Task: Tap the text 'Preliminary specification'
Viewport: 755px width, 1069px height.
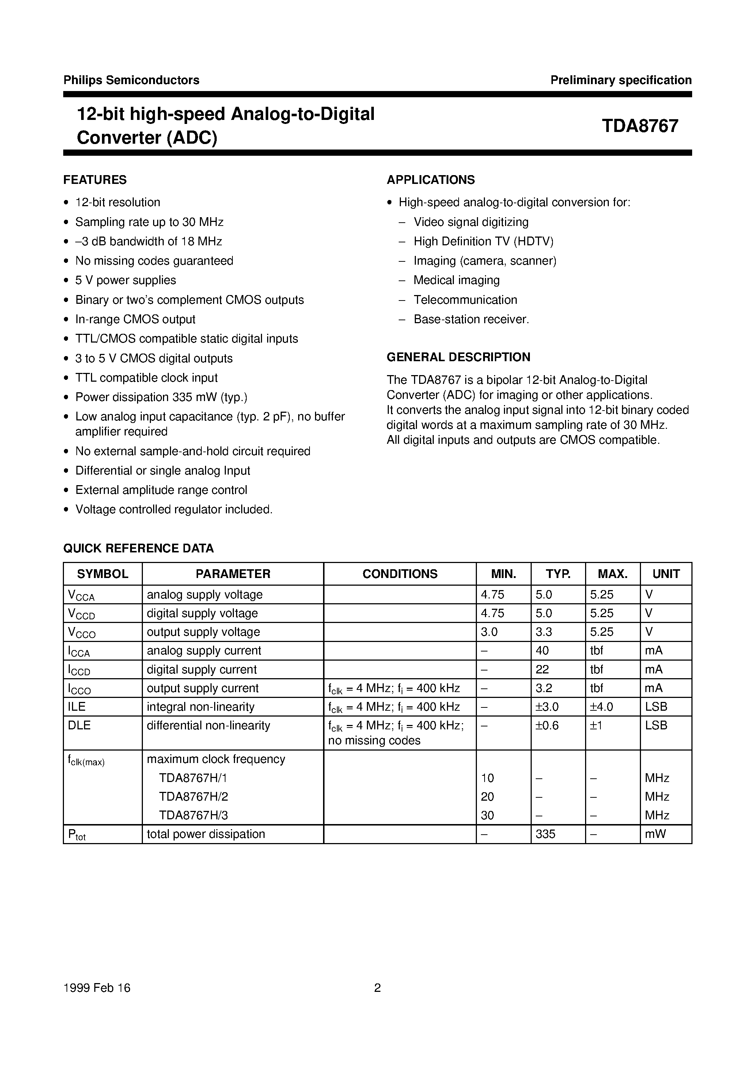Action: point(621,80)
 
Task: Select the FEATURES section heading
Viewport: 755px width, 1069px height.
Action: point(95,180)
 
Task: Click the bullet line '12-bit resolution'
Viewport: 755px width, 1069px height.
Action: point(117,202)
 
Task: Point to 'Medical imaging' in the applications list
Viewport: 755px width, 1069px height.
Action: point(456,280)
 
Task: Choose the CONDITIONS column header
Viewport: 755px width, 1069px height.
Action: point(399,574)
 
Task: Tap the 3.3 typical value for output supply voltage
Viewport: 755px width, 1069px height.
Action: point(543,632)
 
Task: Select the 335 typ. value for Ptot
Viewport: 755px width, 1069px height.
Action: point(546,834)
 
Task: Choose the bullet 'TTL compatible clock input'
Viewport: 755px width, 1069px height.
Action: point(146,378)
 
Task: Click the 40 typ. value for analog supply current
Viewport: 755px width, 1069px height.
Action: point(542,650)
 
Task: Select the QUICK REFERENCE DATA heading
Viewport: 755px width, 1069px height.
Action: point(138,548)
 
